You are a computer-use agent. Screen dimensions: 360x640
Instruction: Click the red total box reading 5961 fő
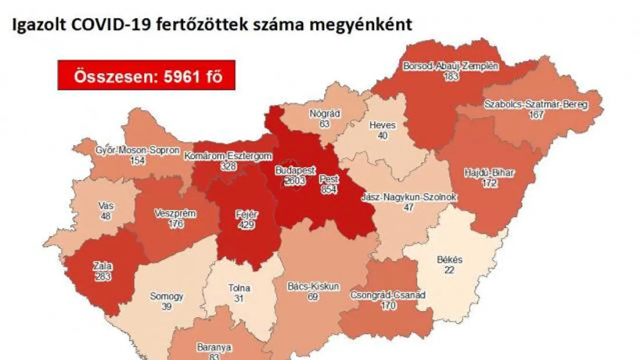click(146, 76)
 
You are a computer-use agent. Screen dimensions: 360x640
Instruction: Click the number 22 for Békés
click(449, 270)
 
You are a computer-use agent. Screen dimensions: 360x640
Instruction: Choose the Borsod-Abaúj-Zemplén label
click(450, 66)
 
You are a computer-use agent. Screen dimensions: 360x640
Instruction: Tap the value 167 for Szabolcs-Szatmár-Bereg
click(536, 114)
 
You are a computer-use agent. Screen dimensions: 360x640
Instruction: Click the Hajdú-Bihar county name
click(489, 173)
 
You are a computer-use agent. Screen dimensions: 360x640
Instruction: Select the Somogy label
click(166, 297)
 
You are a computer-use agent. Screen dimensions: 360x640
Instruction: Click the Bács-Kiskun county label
click(313, 287)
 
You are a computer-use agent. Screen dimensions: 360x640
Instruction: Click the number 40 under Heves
click(382, 135)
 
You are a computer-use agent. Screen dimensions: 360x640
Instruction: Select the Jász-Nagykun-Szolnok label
click(408, 197)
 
